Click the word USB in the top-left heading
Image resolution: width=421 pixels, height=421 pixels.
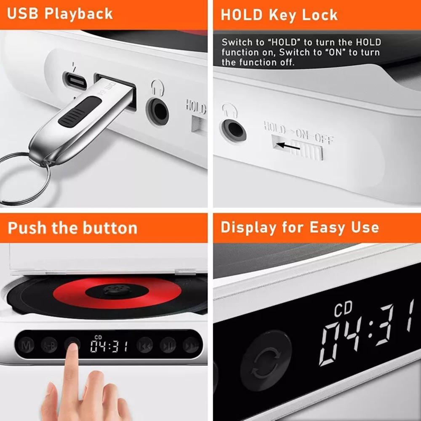click(x=23, y=13)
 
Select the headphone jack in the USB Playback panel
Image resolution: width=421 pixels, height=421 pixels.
click(x=157, y=111)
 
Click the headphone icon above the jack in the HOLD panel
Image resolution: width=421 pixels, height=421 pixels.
click(x=230, y=110)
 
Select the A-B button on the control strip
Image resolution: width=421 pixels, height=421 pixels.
click(x=49, y=345)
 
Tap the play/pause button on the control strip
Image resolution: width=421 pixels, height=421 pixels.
click(x=168, y=345)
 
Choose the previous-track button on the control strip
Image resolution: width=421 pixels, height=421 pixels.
click(x=145, y=345)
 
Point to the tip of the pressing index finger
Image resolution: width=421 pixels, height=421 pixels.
click(x=73, y=348)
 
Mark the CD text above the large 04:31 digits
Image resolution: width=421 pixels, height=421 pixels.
click(x=343, y=309)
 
